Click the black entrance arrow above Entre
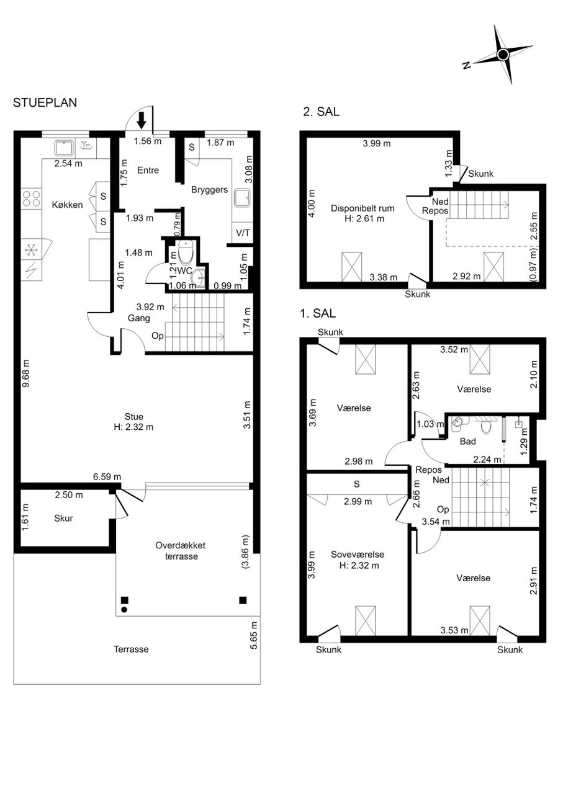(141, 120)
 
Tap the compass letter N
(467, 65)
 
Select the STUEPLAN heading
(45, 102)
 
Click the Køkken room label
(67, 205)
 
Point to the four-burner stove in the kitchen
(31, 198)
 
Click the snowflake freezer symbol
(31, 250)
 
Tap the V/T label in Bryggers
(243, 233)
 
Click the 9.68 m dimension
(26, 373)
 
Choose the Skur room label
(63, 518)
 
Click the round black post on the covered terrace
(124, 610)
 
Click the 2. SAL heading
(321, 111)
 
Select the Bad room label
(467, 441)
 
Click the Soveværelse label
(358, 555)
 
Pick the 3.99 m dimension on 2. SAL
(376, 143)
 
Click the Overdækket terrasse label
(181, 551)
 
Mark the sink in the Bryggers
(242, 198)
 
